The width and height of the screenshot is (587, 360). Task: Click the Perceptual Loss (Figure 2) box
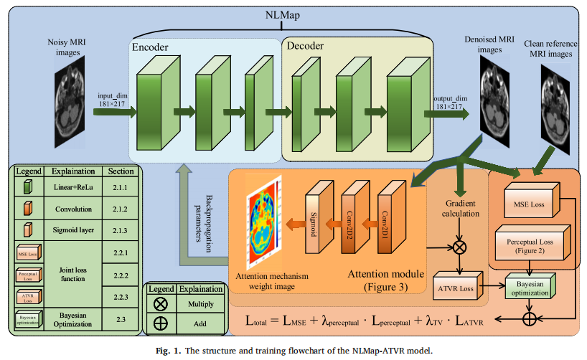(x=530, y=245)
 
